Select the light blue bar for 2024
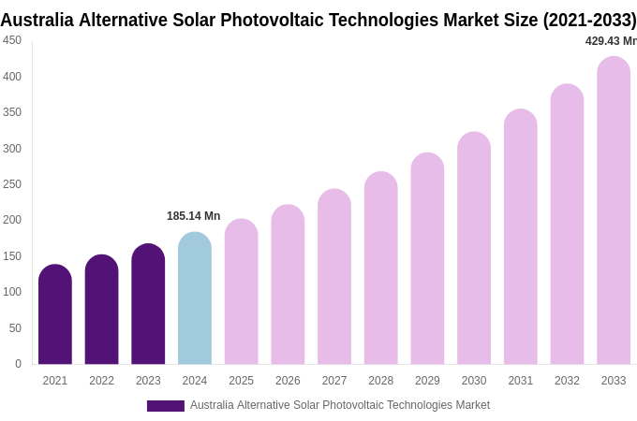(x=195, y=298)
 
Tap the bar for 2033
(x=614, y=210)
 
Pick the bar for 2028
(x=381, y=269)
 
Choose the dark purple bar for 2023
(x=148, y=304)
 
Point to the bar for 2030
(x=474, y=248)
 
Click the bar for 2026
(x=288, y=284)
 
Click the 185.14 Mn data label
(x=193, y=216)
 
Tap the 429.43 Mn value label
(x=610, y=41)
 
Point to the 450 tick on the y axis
(x=12, y=40)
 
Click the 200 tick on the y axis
(x=12, y=220)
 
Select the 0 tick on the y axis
(x=18, y=364)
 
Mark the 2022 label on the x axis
(x=101, y=381)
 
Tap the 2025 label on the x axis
(x=241, y=381)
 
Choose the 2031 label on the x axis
(x=520, y=381)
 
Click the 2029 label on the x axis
(x=427, y=381)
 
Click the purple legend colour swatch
(x=166, y=406)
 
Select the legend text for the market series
(x=339, y=405)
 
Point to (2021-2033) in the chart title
(x=589, y=20)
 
